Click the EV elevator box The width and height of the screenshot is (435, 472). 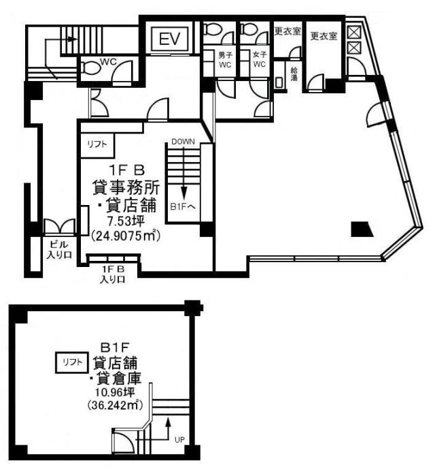click(x=171, y=39)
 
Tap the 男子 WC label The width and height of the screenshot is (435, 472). click(x=225, y=60)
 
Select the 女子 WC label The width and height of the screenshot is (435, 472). click(x=259, y=60)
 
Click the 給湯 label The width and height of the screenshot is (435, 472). click(x=294, y=74)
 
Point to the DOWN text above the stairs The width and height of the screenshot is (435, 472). click(x=183, y=142)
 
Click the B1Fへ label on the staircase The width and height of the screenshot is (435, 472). click(x=183, y=206)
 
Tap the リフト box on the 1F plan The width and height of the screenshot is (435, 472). click(x=97, y=144)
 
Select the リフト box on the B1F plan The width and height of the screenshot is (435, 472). click(x=72, y=362)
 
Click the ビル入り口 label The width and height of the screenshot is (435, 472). click(x=60, y=249)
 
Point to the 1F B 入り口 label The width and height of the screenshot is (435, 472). click(x=113, y=274)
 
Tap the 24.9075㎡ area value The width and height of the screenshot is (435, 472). click(x=125, y=235)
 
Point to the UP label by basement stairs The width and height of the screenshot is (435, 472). click(x=179, y=440)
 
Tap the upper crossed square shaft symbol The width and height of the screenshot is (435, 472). click(x=353, y=32)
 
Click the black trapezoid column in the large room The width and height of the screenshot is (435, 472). click(x=362, y=229)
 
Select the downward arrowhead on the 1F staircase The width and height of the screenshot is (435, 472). click(x=184, y=191)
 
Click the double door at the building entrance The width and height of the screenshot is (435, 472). click(x=60, y=226)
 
